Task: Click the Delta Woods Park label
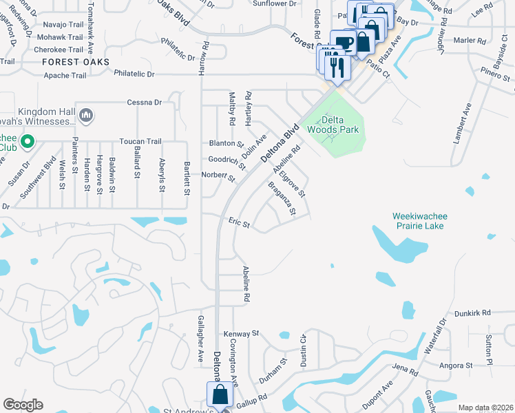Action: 333,123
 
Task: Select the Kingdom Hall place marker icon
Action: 86,114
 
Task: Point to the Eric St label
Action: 239,224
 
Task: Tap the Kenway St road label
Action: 241,333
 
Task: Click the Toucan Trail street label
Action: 140,141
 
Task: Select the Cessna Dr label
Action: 144,103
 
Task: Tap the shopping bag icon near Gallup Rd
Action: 220,394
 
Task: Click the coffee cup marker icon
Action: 342,41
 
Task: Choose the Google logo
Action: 23,405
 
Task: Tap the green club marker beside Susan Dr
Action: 28,142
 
